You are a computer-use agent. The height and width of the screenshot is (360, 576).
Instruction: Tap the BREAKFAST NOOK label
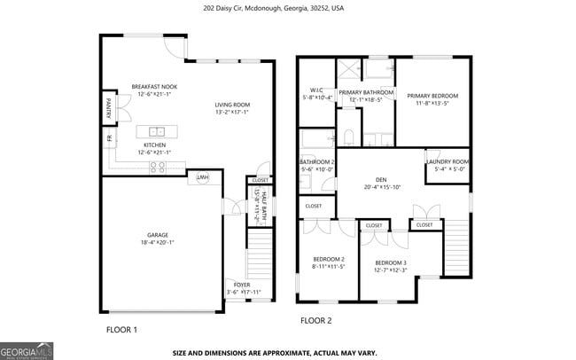tap(156, 86)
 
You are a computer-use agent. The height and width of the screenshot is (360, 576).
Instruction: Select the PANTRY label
tap(109, 107)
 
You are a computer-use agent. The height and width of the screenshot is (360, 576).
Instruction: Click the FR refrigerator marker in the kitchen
tap(109, 139)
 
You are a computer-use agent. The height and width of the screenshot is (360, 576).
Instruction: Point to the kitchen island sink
tap(156, 131)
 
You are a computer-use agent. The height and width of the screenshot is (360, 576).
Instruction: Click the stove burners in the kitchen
tap(157, 165)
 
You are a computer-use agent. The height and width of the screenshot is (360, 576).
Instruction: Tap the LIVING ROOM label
tap(232, 105)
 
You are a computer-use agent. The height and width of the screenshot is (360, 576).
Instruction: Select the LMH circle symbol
tap(203, 177)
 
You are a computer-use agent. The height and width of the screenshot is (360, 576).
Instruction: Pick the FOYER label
tap(242, 284)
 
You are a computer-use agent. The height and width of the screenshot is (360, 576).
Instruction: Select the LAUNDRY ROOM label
tap(447, 161)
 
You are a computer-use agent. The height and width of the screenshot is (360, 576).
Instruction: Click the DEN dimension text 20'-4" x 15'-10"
tap(382, 187)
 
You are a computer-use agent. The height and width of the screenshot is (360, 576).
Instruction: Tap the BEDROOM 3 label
tap(390, 262)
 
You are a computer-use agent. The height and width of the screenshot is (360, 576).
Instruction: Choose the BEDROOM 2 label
tap(328, 258)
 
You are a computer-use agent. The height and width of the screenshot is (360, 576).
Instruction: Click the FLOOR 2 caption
tap(315, 320)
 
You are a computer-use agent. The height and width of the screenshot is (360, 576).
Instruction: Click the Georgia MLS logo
tap(27, 350)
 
